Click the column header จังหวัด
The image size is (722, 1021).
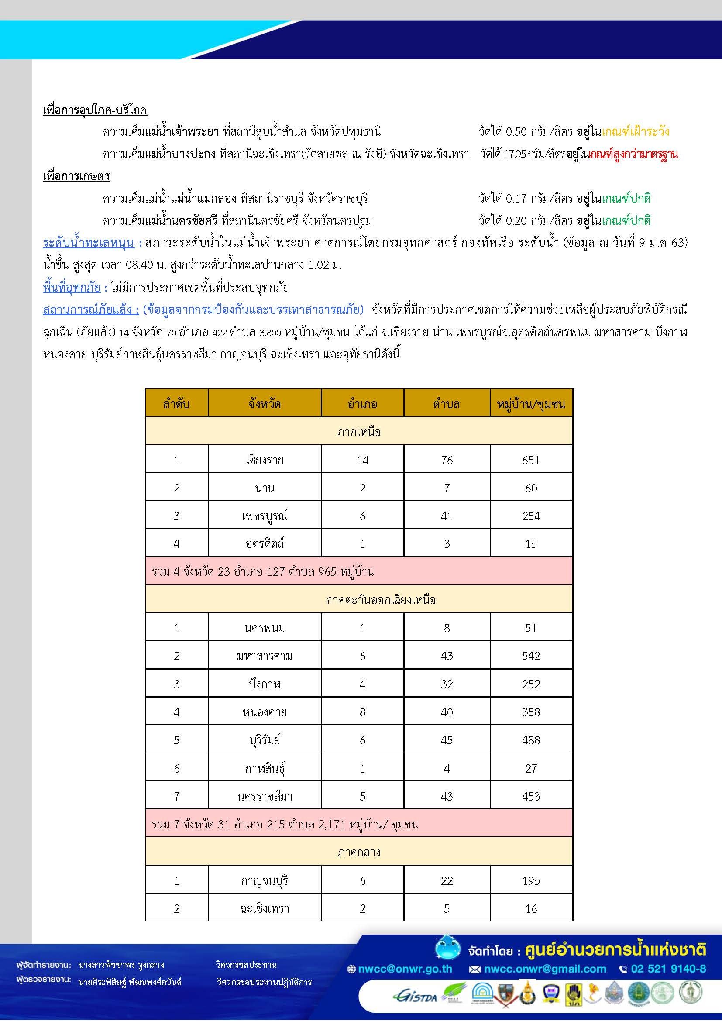[265, 404]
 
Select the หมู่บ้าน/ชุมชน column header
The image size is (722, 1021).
[531, 404]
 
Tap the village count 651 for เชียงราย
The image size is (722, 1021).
[531, 460]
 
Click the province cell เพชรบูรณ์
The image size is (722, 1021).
[265, 516]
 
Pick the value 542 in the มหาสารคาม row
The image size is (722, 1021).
[531, 656]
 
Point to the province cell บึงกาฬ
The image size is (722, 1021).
[265, 684]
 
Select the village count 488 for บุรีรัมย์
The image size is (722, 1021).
[531, 740]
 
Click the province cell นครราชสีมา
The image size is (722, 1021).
[265, 796]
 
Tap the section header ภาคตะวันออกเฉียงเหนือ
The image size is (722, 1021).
[359, 600]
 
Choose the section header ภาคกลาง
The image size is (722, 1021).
[359, 853]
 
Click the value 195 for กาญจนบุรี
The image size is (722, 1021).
[531, 880]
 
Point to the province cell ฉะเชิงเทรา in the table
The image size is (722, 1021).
[265, 908]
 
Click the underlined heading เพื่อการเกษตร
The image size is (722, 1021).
[76, 176]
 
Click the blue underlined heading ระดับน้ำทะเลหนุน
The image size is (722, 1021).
[89, 243]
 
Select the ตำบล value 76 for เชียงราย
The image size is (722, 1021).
[447, 460]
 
